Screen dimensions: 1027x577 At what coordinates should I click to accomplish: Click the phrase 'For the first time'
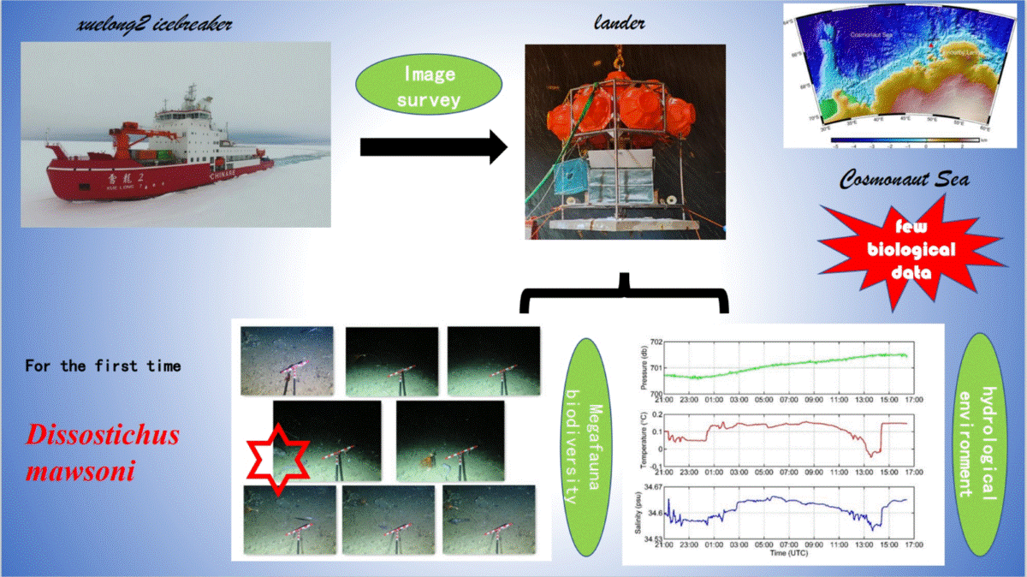pyautogui.click(x=103, y=366)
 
